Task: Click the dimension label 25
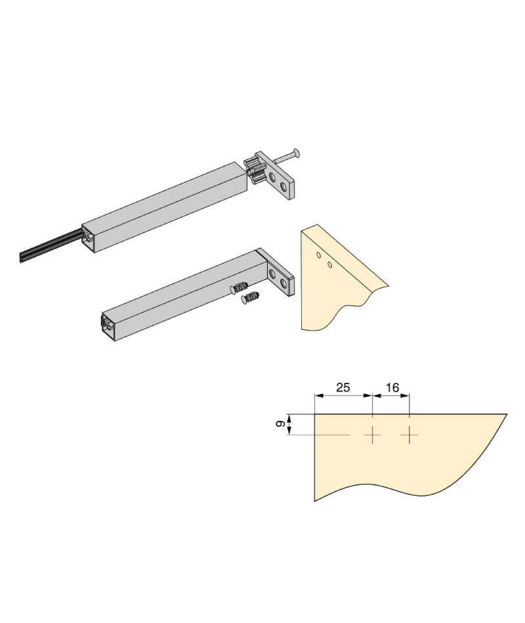pyautogui.click(x=343, y=387)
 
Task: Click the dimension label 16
pyautogui.click(x=392, y=388)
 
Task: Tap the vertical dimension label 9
pyautogui.click(x=280, y=424)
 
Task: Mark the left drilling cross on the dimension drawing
pyautogui.click(x=372, y=435)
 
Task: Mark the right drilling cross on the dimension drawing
pyautogui.click(x=409, y=435)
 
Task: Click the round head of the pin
pyautogui.click(x=295, y=153)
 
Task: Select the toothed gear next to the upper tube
pyautogui.click(x=253, y=171)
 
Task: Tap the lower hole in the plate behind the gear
pyautogui.click(x=283, y=186)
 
